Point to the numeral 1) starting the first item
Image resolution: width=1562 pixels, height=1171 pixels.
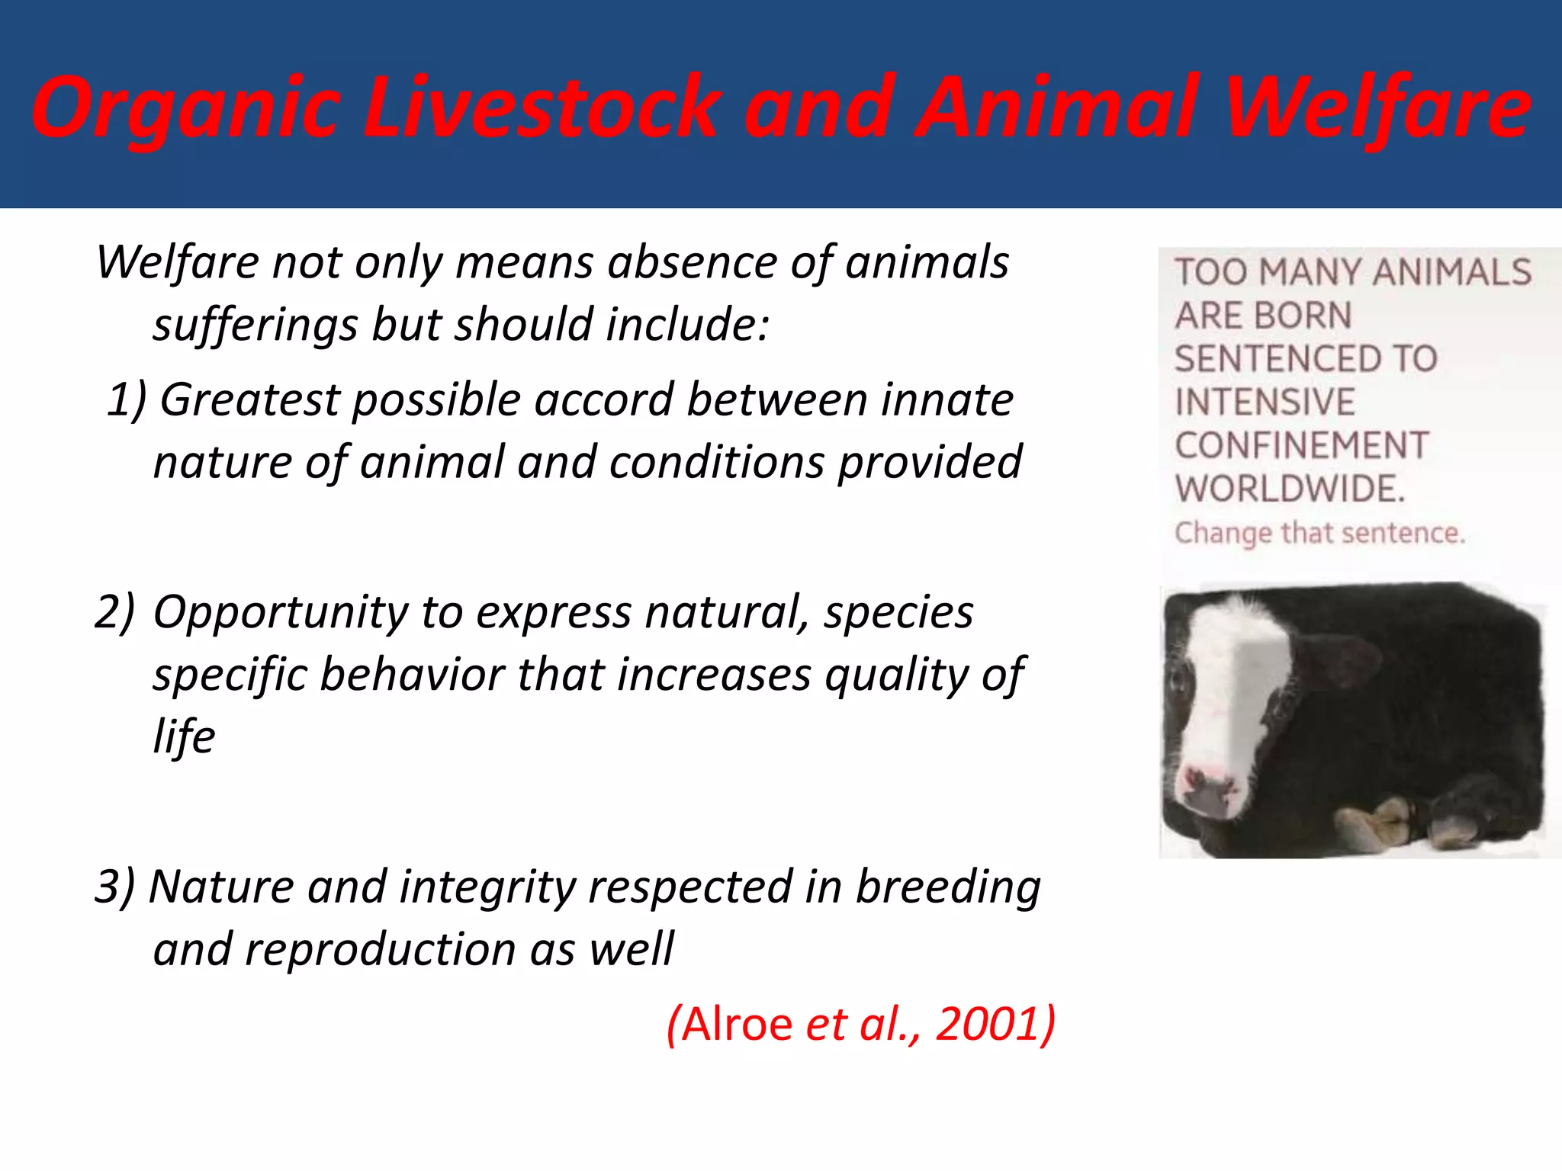coord(126,399)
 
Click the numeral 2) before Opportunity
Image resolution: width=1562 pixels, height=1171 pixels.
coord(114,611)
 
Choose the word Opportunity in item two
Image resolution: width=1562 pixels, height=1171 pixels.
coord(280,611)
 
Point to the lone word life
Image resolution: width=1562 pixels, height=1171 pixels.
coord(184,736)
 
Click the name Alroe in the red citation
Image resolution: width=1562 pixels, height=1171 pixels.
coord(737,1023)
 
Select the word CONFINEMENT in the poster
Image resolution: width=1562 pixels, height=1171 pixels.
coord(1301,445)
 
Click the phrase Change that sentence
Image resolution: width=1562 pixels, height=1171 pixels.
coord(1319,533)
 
